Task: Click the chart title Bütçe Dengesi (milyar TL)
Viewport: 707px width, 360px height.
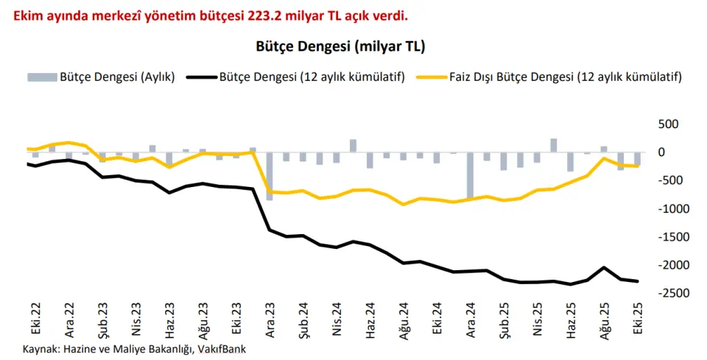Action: [340, 46]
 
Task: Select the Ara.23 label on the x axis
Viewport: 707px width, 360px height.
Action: [270, 320]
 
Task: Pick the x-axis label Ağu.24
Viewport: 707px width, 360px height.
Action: [404, 320]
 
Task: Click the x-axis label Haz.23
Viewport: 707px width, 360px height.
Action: [169, 320]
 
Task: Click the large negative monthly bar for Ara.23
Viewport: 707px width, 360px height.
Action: [270, 176]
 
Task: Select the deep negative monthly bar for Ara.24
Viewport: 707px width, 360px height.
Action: [471, 176]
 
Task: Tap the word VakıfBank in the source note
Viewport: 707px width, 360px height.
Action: [220, 348]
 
